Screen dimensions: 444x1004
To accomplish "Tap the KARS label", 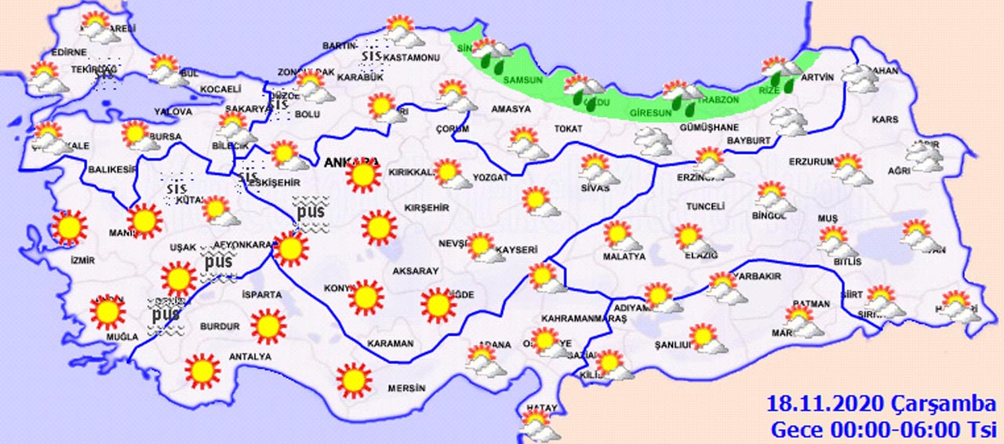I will coord(885,120).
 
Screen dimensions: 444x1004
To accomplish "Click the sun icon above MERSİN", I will coord(353,380).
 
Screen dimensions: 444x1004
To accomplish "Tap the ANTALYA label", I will coord(249,357).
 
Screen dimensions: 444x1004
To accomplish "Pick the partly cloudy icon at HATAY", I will coord(540,426).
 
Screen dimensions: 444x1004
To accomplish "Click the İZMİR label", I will coord(82,260).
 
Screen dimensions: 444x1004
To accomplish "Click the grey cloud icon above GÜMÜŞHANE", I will coord(652,141).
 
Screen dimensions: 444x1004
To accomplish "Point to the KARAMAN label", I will coord(390,344).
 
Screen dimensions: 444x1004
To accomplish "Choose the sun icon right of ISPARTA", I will coord(268,326).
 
